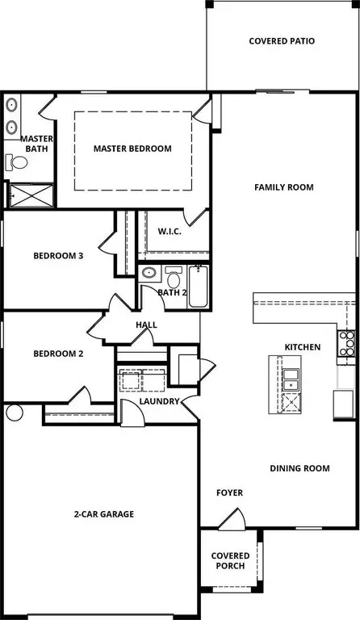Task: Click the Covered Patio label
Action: (282, 41)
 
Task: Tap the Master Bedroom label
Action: (132, 149)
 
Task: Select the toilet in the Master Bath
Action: (16, 161)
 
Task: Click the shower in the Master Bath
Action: (31, 195)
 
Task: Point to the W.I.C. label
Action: (170, 232)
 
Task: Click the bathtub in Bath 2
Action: (199, 287)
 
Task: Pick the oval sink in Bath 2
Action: (149, 273)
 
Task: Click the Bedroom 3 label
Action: (58, 256)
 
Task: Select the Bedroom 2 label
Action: (58, 354)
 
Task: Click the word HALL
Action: (146, 325)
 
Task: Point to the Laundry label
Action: (159, 401)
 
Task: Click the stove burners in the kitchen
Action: (346, 344)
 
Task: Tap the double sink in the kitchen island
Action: (291, 379)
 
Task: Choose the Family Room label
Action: (284, 187)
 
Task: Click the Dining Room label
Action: (299, 468)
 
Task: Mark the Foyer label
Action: (229, 493)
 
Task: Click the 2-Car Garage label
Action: (104, 514)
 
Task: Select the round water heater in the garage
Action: (15, 413)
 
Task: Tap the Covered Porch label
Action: (230, 561)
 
